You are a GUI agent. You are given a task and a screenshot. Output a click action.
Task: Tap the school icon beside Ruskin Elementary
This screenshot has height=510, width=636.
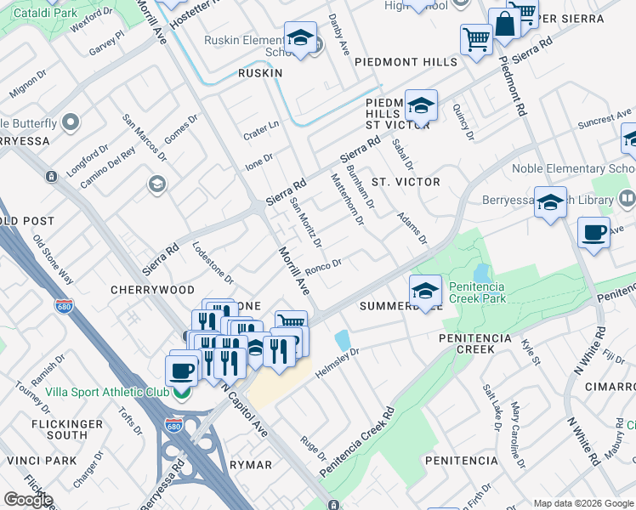[300, 39]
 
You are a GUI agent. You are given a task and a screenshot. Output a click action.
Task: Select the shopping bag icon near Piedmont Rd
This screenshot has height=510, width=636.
[504, 26]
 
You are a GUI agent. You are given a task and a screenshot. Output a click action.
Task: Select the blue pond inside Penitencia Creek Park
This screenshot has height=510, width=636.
[482, 274]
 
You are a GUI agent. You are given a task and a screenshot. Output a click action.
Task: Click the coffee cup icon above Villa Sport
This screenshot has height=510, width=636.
[181, 370]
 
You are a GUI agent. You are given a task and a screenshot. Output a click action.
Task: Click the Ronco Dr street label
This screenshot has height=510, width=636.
[323, 268]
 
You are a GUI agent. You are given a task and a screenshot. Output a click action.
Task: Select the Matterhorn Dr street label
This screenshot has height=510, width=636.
[347, 199]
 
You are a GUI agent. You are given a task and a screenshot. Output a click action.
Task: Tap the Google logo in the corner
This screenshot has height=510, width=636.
[29, 500]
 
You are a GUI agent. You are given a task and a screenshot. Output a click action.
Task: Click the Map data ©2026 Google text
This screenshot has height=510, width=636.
[582, 503]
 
